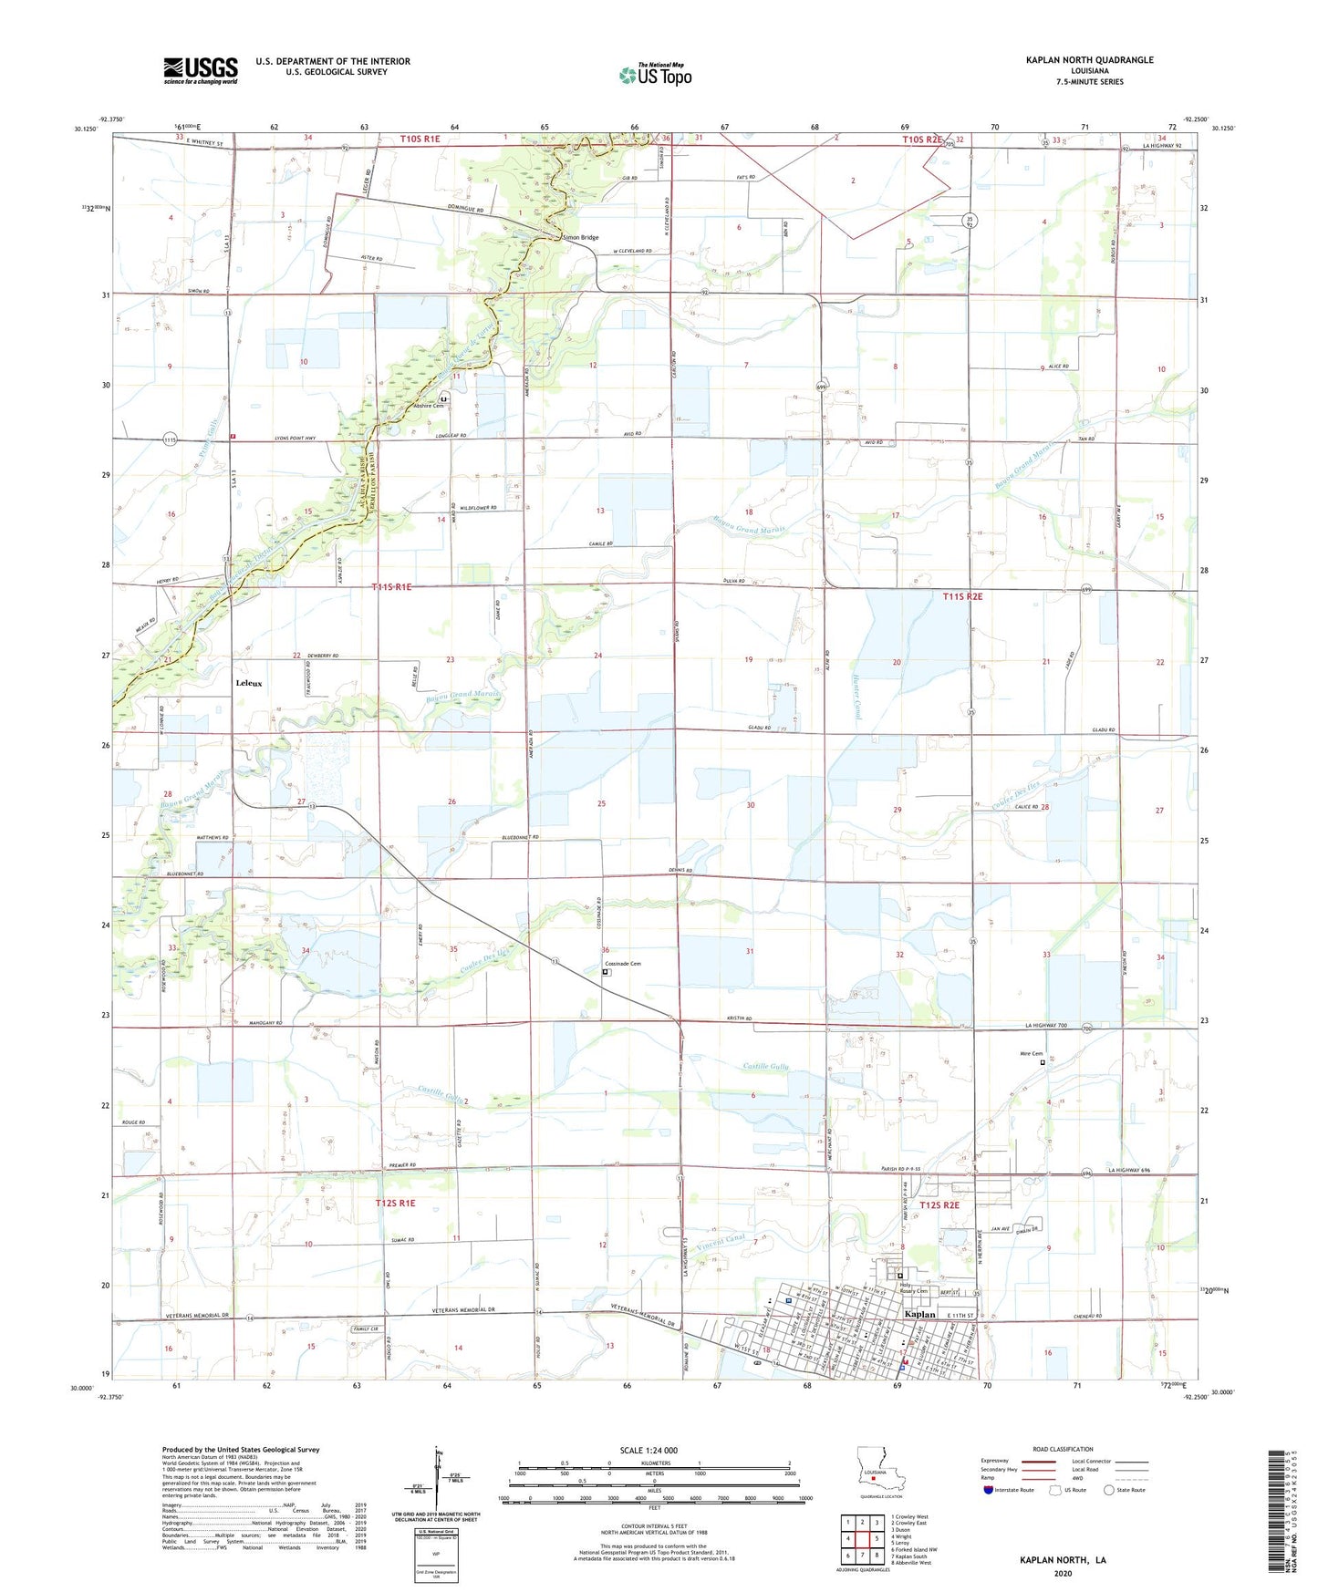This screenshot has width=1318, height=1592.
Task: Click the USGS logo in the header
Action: point(200,70)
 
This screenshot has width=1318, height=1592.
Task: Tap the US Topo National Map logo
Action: point(655,74)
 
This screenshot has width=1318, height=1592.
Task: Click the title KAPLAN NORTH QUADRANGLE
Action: point(1076,60)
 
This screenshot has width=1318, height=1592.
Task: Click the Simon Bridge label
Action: point(581,237)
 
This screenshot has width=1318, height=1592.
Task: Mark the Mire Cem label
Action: point(1030,1054)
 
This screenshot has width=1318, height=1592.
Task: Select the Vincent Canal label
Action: point(721,1241)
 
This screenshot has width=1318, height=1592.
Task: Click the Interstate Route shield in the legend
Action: point(991,1490)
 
